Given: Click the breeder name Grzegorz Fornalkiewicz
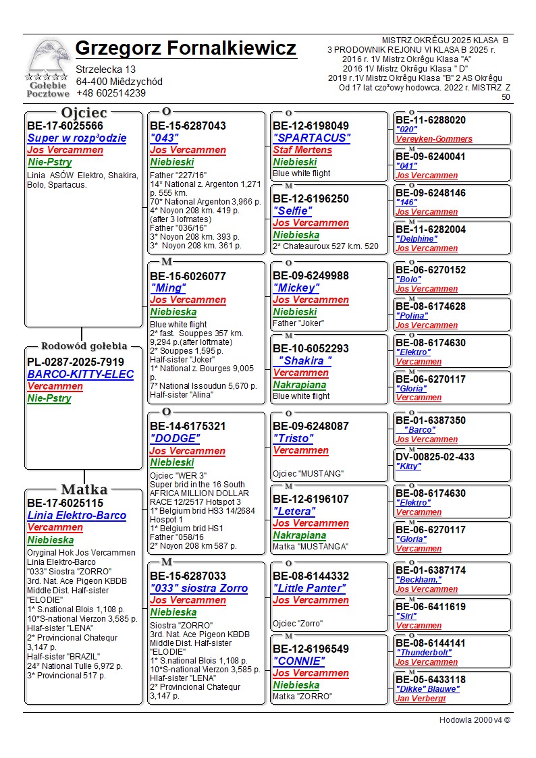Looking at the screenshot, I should click(186, 49).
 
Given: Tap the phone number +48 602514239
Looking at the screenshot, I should click(111, 94).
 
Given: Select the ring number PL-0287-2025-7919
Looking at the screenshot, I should click(76, 362).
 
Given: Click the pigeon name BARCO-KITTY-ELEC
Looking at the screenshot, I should click(80, 375).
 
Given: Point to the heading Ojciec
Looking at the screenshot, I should click(84, 113).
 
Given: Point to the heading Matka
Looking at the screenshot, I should click(84, 490).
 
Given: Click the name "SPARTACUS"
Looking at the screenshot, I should click(312, 138).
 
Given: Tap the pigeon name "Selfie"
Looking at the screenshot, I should click(292, 211).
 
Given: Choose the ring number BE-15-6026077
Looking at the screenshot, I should click(188, 276).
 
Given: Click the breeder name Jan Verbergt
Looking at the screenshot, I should click(421, 699).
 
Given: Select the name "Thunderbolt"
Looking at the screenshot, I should click(424, 653).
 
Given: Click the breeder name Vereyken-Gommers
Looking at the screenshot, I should click(434, 139).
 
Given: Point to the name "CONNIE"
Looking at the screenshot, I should click(298, 661).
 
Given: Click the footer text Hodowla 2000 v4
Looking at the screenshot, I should click(475, 720).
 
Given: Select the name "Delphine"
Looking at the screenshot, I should click(417, 239).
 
